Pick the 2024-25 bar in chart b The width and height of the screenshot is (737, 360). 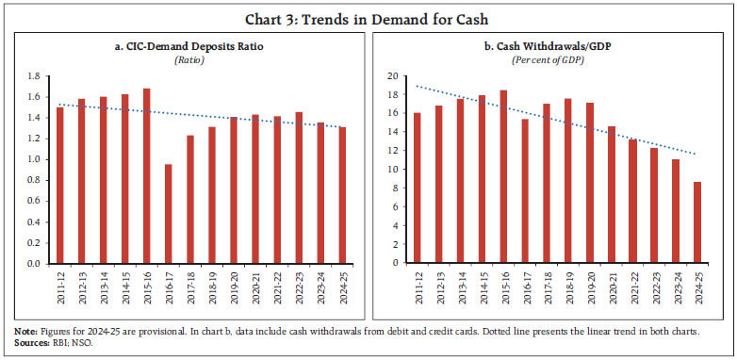(x=698, y=222)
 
